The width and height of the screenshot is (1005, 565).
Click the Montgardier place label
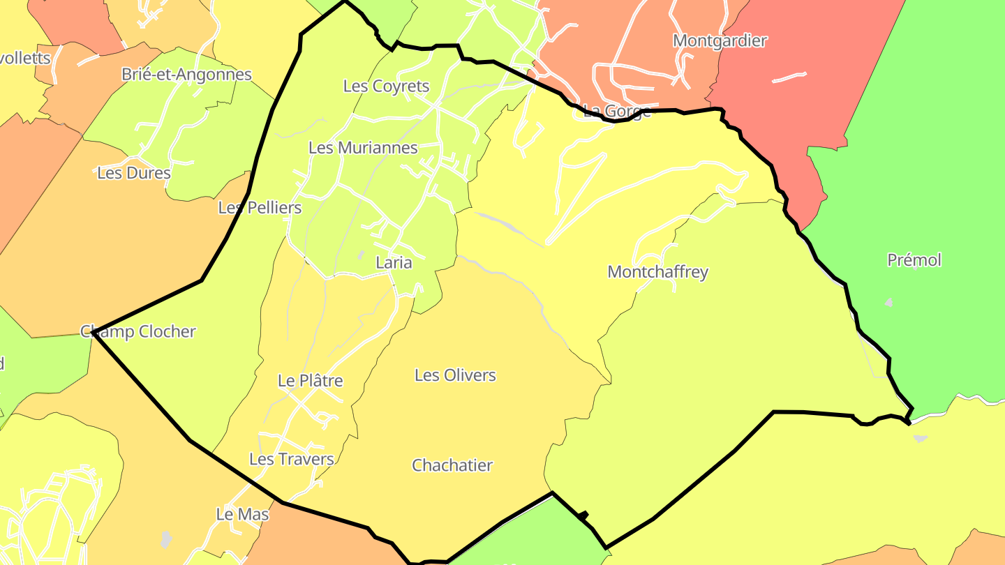coord(720,40)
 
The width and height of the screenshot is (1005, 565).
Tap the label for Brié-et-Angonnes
coord(186,75)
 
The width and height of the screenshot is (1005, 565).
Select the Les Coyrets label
coord(386,86)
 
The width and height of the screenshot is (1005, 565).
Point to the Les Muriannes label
coord(363,148)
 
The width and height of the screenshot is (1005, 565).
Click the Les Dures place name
coord(134,173)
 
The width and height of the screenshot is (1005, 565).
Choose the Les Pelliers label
coord(260,208)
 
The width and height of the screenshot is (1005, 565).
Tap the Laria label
coord(394,263)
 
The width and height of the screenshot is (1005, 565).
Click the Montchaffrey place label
coord(657,272)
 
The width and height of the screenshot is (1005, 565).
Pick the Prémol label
coord(914,260)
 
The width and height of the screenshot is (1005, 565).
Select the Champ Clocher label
coord(138,331)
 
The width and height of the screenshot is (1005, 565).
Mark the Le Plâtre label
coord(310,381)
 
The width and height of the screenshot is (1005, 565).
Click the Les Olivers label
coord(455,375)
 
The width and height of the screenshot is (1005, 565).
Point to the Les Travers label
coord(292,459)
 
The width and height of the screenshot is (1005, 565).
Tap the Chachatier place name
coord(452,465)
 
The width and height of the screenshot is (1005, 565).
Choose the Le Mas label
coord(242,515)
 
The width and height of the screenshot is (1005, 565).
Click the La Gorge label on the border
coord(616,111)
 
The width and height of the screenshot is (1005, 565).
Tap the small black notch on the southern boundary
coord(583,515)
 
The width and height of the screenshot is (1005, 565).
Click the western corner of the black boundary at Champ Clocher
coord(94,332)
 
